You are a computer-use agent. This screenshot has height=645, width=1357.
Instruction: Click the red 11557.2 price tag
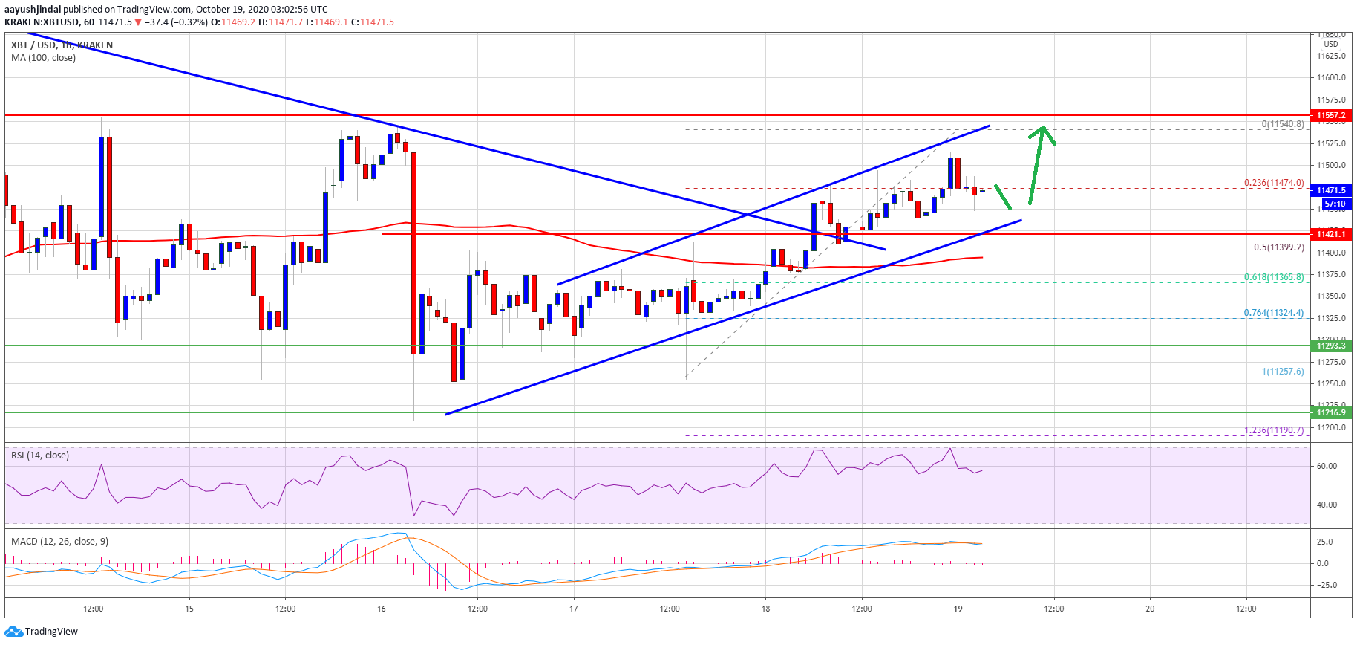click(x=1332, y=116)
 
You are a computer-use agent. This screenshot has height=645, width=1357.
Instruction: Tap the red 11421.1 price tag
click(x=1332, y=234)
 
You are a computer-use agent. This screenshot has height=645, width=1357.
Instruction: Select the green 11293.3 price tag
click(x=1332, y=346)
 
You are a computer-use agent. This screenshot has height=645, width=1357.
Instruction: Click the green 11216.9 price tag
click(x=1332, y=412)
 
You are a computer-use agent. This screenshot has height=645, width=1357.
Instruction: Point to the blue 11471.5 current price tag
click(x=1332, y=190)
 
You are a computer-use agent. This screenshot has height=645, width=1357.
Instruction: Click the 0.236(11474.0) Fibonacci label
click(x=1274, y=183)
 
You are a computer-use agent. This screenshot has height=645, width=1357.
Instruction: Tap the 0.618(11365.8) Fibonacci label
click(x=1274, y=277)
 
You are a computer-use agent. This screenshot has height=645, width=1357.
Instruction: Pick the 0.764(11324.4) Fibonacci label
click(x=1274, y=313)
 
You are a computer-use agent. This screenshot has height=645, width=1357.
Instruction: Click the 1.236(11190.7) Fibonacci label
click(x=1274, y=430)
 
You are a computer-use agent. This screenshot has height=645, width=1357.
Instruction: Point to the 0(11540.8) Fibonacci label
click(x=1282, y=124)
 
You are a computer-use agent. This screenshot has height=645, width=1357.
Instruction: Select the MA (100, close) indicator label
click(x=43, y=58)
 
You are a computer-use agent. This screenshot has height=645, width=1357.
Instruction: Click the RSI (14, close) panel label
click(x=40, y=455)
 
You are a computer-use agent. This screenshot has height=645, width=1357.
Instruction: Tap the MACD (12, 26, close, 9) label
click(x=59, y=541)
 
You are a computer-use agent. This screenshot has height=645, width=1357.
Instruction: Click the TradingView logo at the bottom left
click(x=42, y=632)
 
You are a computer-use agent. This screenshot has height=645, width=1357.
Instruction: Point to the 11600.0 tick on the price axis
click(x=1332, y=77)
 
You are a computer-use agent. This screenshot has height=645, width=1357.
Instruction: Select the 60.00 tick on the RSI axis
click(x=1327, y=466)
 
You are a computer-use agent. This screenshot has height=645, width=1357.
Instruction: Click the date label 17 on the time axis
click(x=574, y=609)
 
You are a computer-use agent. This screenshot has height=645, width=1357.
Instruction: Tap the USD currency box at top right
click(x=1331, y=44)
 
